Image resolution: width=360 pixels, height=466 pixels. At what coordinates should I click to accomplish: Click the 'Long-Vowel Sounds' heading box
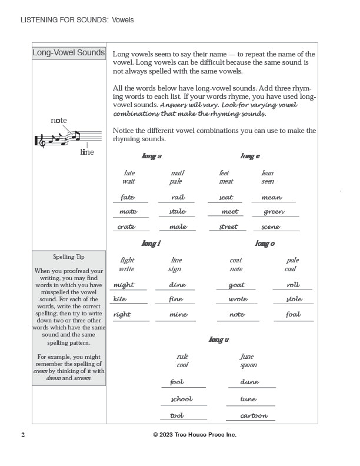coord(69,53)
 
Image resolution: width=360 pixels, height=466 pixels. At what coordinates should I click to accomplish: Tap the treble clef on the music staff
coord(41,141)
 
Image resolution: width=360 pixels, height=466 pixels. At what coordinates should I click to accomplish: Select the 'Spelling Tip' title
coord(69,257)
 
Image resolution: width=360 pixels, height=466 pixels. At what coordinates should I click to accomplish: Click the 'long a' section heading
coord(151,157)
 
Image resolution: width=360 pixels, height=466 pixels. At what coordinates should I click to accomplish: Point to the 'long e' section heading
coord(250,157)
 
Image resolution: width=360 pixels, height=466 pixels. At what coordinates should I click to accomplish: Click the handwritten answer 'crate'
coord(126,227)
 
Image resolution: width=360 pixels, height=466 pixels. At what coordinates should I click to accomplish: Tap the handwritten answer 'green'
coord(274,212)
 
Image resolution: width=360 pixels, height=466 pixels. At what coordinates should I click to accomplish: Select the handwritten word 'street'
coord(228,227)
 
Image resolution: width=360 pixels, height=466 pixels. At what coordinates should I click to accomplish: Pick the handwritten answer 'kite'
coord(120,299)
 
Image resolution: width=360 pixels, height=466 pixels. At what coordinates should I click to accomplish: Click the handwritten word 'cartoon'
coord(254,415)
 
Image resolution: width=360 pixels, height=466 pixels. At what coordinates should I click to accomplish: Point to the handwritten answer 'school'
coord(181,399)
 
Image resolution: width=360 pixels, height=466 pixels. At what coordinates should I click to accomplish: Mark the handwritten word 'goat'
coord(236,285)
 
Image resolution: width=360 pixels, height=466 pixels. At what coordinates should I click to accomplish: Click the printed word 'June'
coord(247,357)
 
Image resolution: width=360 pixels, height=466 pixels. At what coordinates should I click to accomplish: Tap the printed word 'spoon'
coord(249,365)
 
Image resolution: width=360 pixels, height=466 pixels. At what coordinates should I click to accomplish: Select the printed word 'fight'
coord(127,260)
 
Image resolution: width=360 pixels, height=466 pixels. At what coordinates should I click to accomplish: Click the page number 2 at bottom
coord(23,435)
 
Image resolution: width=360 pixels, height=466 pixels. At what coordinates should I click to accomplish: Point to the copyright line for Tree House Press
coord(195,435)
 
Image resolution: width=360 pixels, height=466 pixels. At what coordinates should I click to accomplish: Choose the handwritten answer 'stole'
coord(294,299)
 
